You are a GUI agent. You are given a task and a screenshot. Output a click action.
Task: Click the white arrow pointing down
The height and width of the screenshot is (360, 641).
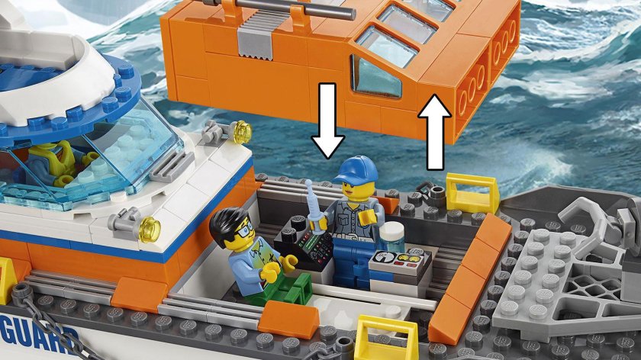tap(327, 123)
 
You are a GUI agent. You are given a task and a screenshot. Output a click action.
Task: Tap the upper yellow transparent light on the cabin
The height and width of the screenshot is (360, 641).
tap(241, 131)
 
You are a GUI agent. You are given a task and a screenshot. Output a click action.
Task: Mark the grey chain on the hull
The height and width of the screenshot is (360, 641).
tap(31, 304)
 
